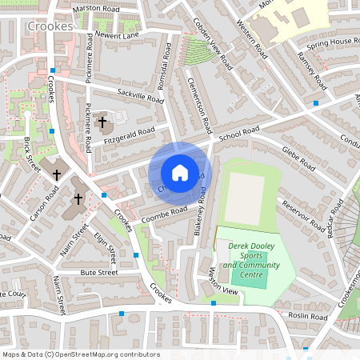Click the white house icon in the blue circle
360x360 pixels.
(x=179, y=173)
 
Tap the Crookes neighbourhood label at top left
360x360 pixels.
(x=50, y=26)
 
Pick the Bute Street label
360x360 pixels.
(x=98, y=273)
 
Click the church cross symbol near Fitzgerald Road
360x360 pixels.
(x=102, y=122)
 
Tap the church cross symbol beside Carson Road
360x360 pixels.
(x=57, y=174)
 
